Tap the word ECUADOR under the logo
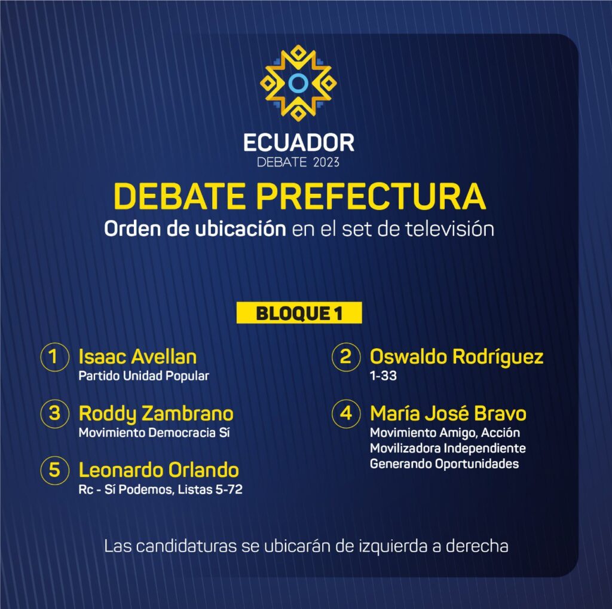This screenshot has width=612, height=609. tap(299, 142)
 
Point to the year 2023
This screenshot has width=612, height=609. tap(326, 162)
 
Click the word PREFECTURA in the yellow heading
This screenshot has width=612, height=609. tap(371, 196)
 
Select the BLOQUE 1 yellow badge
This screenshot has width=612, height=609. tap(299, 312)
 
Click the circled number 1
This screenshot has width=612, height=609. tap(54, 357)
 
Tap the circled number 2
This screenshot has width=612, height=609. tap(346, 357)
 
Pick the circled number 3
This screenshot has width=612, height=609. tap(54, 413)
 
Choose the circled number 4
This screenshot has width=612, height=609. tap(346, 413)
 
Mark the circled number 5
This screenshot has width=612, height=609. tap(54, 470)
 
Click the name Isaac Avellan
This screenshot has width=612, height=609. tap(137, 357)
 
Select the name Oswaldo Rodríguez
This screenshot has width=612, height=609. tap(457, 357)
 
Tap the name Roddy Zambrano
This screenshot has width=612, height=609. tap(156, 414)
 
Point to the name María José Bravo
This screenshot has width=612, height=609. tap(448, 413)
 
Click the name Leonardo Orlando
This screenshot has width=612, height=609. tap(158, 470)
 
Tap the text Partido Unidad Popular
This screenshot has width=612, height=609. tap(143, 376)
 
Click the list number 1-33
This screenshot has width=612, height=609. tap(383, 376)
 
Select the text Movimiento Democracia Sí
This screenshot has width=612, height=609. tap(154, 433)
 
